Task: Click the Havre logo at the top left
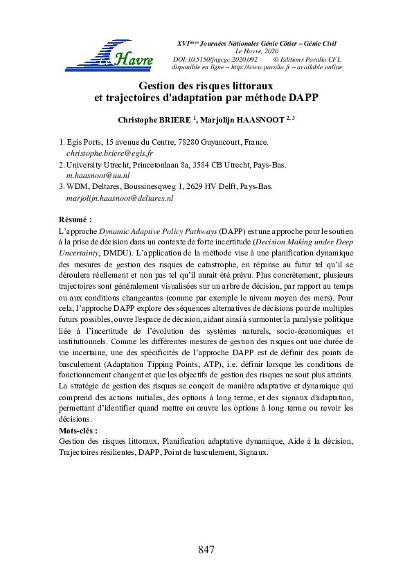click(x=109, y=56)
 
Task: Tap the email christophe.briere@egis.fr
click(x=109, y=152)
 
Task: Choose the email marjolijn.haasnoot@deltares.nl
click(x=119, y=198)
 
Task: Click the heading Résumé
click(x=75, y=219)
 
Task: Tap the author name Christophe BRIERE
click(x=153, y=120)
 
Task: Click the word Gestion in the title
click(x=159, y=86)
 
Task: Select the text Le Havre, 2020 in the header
click(x=257, y=51)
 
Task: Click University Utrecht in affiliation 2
click(x=96, y=164)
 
